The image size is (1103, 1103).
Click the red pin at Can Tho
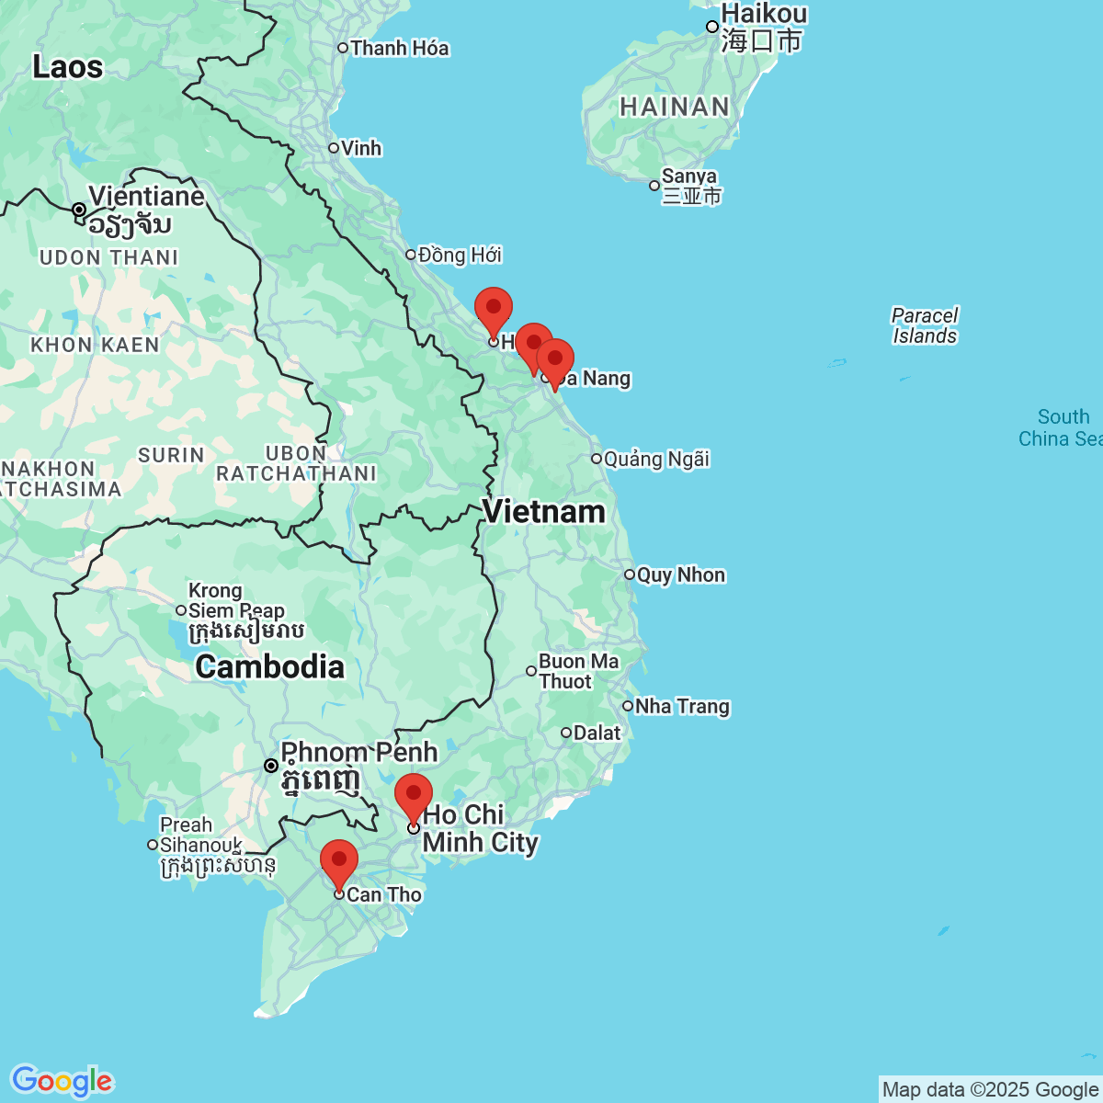point(339,862)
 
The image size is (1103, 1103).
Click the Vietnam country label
point(544,512)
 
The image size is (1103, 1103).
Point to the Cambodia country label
point(269,666)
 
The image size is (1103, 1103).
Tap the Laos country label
point(67,67)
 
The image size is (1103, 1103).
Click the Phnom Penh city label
point(358,753)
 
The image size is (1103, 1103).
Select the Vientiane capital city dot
point(79,210)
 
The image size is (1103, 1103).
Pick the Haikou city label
point(764,14)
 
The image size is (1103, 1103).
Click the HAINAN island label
point(675,107)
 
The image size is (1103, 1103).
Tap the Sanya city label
point(688,176)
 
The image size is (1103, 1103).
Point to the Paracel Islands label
point(925,325)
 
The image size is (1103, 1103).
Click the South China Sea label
point(1062,427)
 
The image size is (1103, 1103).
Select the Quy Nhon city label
point(680,574)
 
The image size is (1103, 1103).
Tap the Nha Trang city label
point(681,706)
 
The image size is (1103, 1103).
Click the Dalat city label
point(597,733)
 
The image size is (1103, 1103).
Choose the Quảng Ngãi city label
point(656,459)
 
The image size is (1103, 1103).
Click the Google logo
point(62,1081)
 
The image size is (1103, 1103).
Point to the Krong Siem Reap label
point(236,601)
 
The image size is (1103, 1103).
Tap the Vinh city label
point(360,148)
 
